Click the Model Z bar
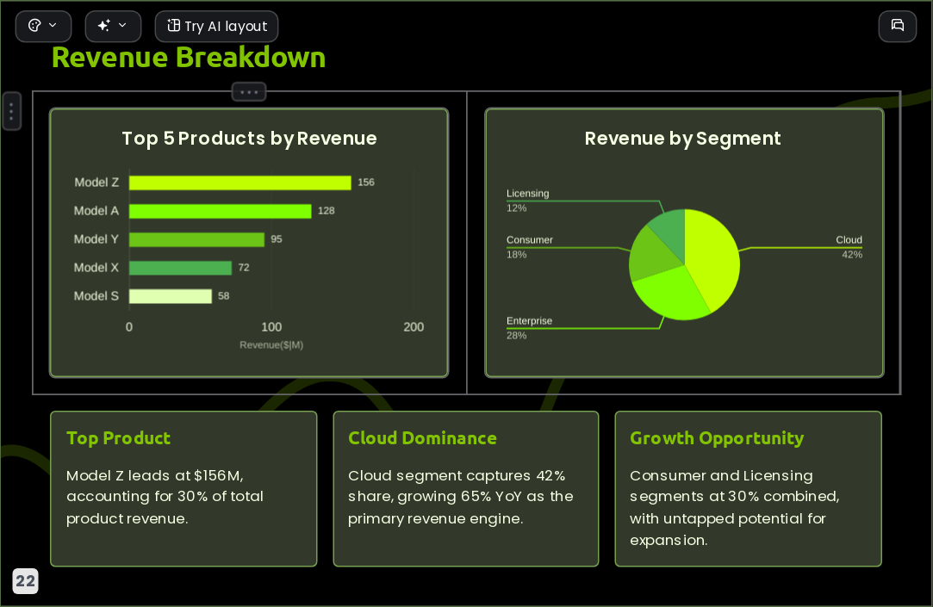point(239,183)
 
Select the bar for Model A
point(221,211)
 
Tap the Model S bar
point(171,296)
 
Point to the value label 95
point(276,239)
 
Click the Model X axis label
point(96,268)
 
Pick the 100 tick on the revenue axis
point(271,327)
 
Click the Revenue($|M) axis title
point(271,344)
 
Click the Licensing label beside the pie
point(528,193)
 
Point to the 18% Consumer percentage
point(517,255)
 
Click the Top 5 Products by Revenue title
point(249,139)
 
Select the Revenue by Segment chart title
point(682,139)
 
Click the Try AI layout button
point(216,26)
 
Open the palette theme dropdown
point(43,26)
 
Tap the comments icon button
point(898,26)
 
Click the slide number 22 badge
point(25,581)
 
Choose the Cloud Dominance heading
point(422,438)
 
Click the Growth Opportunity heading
point(717,439)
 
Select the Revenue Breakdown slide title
point(189,58)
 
